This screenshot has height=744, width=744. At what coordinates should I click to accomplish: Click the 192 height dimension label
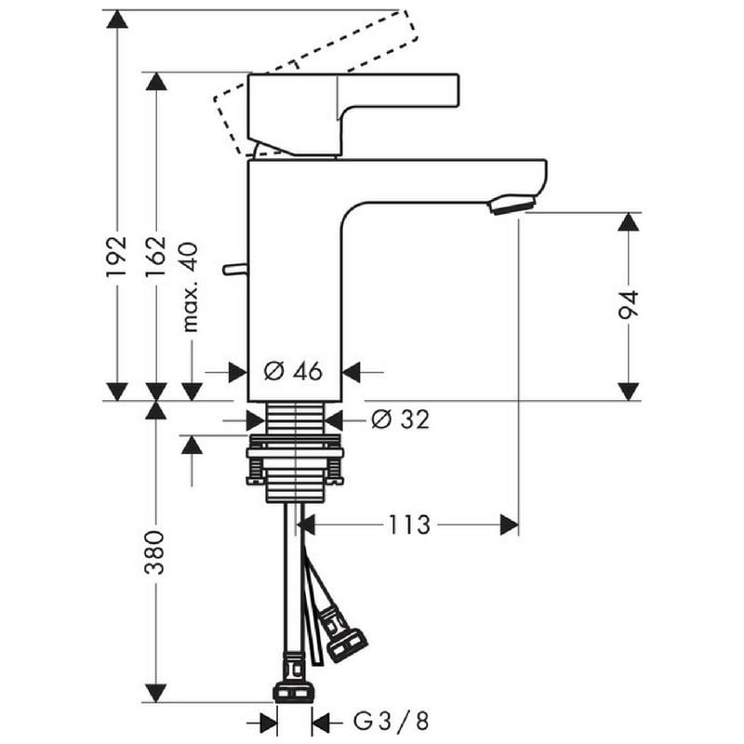pyautogui.click(x=117, y=257)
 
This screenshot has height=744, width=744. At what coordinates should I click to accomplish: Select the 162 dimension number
pyautogui.click(x=155, y=257)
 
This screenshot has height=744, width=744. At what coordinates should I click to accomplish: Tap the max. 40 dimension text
pyautogui.click(x=191, y=287)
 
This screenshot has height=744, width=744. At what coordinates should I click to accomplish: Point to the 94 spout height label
pyautogui.click(x=629, y=305)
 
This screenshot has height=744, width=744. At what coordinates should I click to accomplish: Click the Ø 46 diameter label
pyautogui.click(x=293, y=371)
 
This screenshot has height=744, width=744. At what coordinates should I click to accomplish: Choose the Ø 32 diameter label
pyautogui.click(x=401, y=419)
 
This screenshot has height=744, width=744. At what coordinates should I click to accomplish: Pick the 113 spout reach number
pyautogui.click(x=409, y=525)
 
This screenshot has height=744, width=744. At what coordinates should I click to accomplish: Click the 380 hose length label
pyautogui.click(x=154, y=552)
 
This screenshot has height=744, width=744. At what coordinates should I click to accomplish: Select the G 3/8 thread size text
pyautogui.click(x=391, y=721)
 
